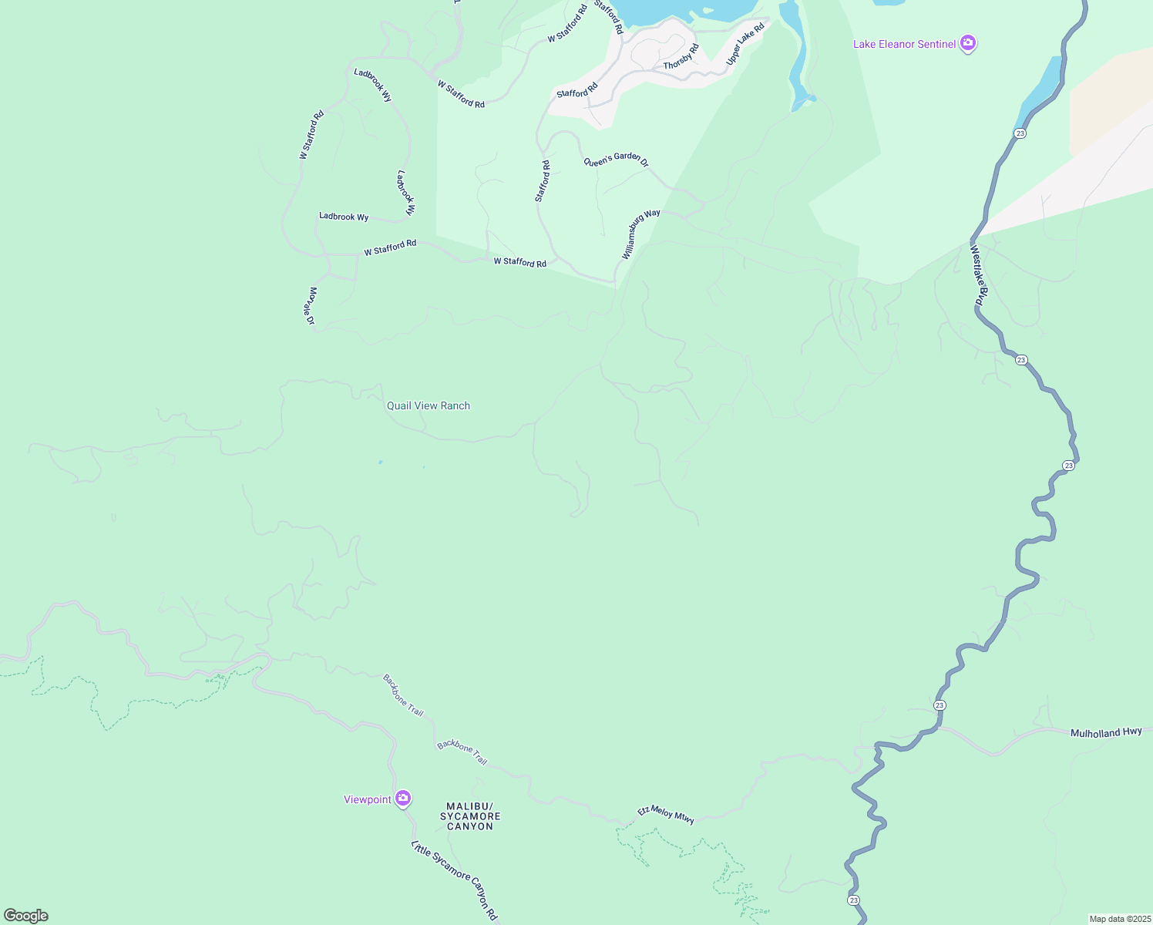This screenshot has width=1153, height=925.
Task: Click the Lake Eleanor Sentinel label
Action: point(904,45)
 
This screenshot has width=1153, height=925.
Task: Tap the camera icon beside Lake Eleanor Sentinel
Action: point(969,44)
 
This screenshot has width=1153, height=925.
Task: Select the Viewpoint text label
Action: point(368,799)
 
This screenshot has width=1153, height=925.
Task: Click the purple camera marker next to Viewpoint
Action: point(402,799)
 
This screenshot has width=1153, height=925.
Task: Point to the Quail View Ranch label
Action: point(429,405)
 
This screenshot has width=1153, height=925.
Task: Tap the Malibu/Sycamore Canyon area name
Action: point(470,816)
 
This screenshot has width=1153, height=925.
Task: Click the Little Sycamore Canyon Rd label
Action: point(455,880)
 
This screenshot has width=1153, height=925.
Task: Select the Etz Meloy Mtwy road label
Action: point(666,814)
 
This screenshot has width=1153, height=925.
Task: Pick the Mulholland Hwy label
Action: point(1106,732)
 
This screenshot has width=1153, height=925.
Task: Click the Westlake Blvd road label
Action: point(978,275)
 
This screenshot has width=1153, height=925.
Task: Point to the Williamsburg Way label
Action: point(641,234)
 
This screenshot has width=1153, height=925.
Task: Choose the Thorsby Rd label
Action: point(681,57)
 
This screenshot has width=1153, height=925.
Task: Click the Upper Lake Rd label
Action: point(745,44)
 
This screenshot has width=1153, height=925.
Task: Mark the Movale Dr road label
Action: point(311,306)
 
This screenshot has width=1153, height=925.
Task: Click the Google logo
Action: point(26,916)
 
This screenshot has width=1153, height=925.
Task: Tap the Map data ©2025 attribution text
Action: point(1119,919)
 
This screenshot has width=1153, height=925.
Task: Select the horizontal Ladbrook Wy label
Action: point(344,217)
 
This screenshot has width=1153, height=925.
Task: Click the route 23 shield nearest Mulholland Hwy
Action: point(940,705)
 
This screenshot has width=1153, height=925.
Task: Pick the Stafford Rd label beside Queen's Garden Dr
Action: point(543,181)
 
